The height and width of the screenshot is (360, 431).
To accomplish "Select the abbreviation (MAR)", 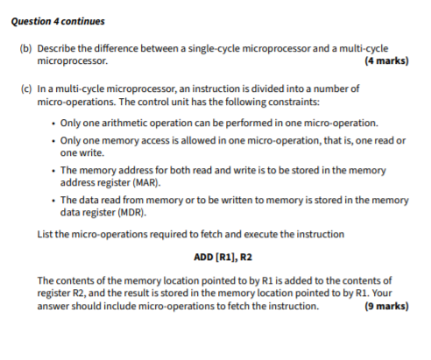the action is click(x=142, y=185).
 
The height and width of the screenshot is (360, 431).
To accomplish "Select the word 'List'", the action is click(x=46, y=234).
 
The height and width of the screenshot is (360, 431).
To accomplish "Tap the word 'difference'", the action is click(x=122, y=50).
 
